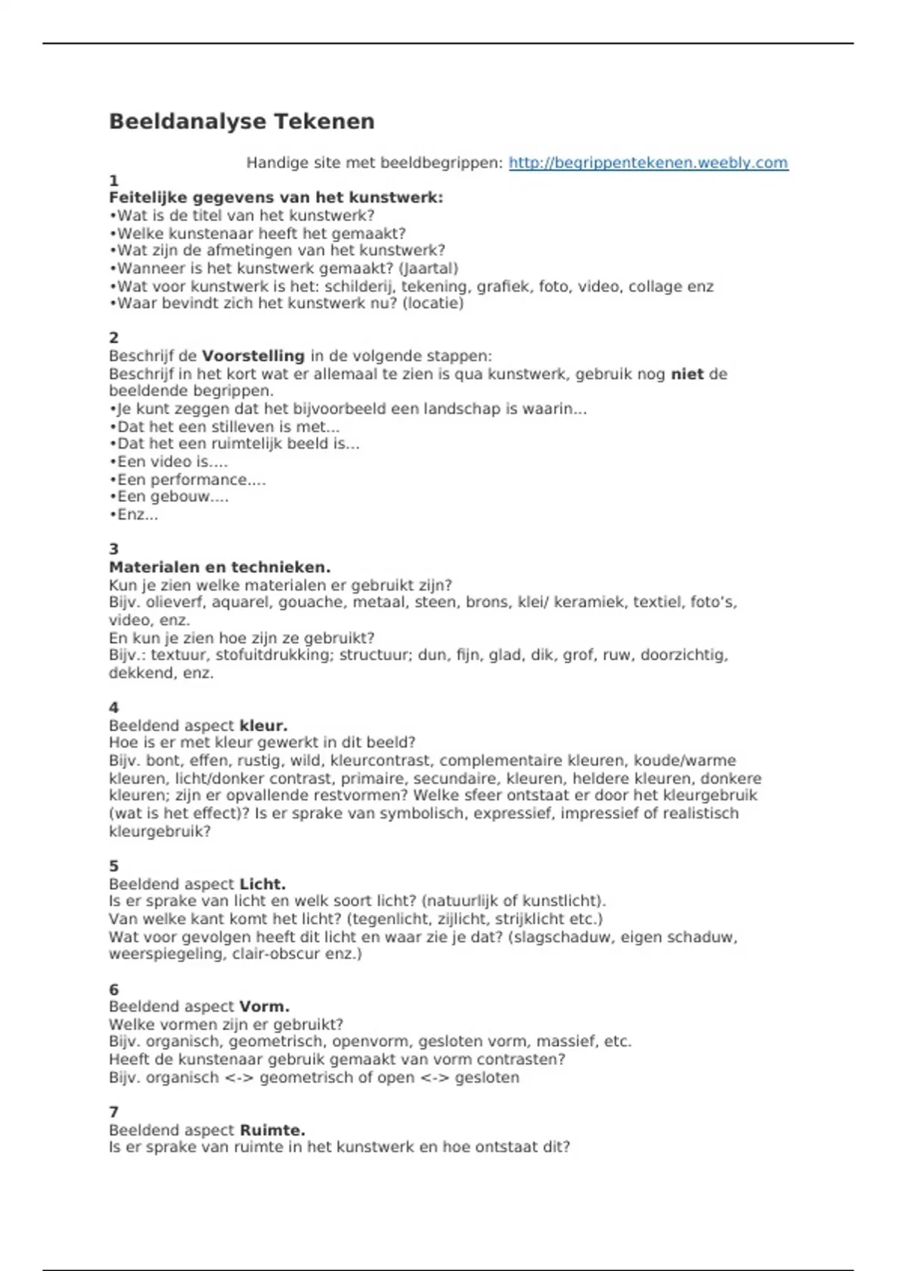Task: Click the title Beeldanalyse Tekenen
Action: (x=241, y=121)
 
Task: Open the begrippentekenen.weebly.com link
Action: (x=648, y=163)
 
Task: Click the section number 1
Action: (x=114, y=180)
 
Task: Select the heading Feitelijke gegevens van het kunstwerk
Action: (x=276, y=198)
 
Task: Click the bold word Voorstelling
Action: (x=253, y=356)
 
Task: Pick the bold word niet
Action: (x=687, y=374)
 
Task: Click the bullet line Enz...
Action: (x=135, y=514)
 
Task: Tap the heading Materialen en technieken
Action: (x=220, y=567)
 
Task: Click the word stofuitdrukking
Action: (x=284, y=655)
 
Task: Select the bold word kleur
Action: (x=263, y=725)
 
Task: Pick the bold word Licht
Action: (x=262, y=884)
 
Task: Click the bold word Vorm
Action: (x=264, y=1006)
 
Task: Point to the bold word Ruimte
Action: (x=272, y=1130)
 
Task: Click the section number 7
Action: (x=114, y=1112)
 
